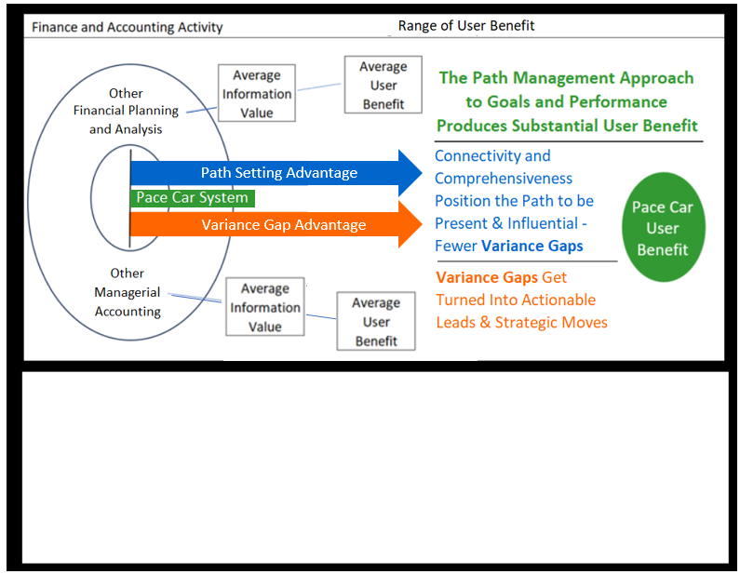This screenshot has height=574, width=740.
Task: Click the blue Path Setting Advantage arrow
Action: click(278, 172)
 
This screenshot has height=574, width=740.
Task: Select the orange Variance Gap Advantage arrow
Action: click(278, 225)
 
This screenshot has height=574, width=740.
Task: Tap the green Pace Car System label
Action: click(193, 197)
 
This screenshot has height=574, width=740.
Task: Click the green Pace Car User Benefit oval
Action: click(663, 228)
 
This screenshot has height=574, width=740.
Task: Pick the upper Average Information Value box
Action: click(256, 93)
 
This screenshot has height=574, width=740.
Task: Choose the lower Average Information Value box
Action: click(265, 307)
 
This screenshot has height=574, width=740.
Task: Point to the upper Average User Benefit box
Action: click(383, 86)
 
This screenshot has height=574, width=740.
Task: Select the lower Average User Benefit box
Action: click(376, 322)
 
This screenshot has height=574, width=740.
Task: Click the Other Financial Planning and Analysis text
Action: click(126, 112)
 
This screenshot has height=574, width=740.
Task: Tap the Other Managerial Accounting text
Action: click(128, 292)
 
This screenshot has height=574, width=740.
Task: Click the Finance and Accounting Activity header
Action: click(128, 27)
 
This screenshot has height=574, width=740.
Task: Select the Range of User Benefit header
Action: click(466, 25)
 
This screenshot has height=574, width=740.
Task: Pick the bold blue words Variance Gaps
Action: click(532, 246)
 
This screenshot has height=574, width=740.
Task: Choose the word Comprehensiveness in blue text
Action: click(504, 178)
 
